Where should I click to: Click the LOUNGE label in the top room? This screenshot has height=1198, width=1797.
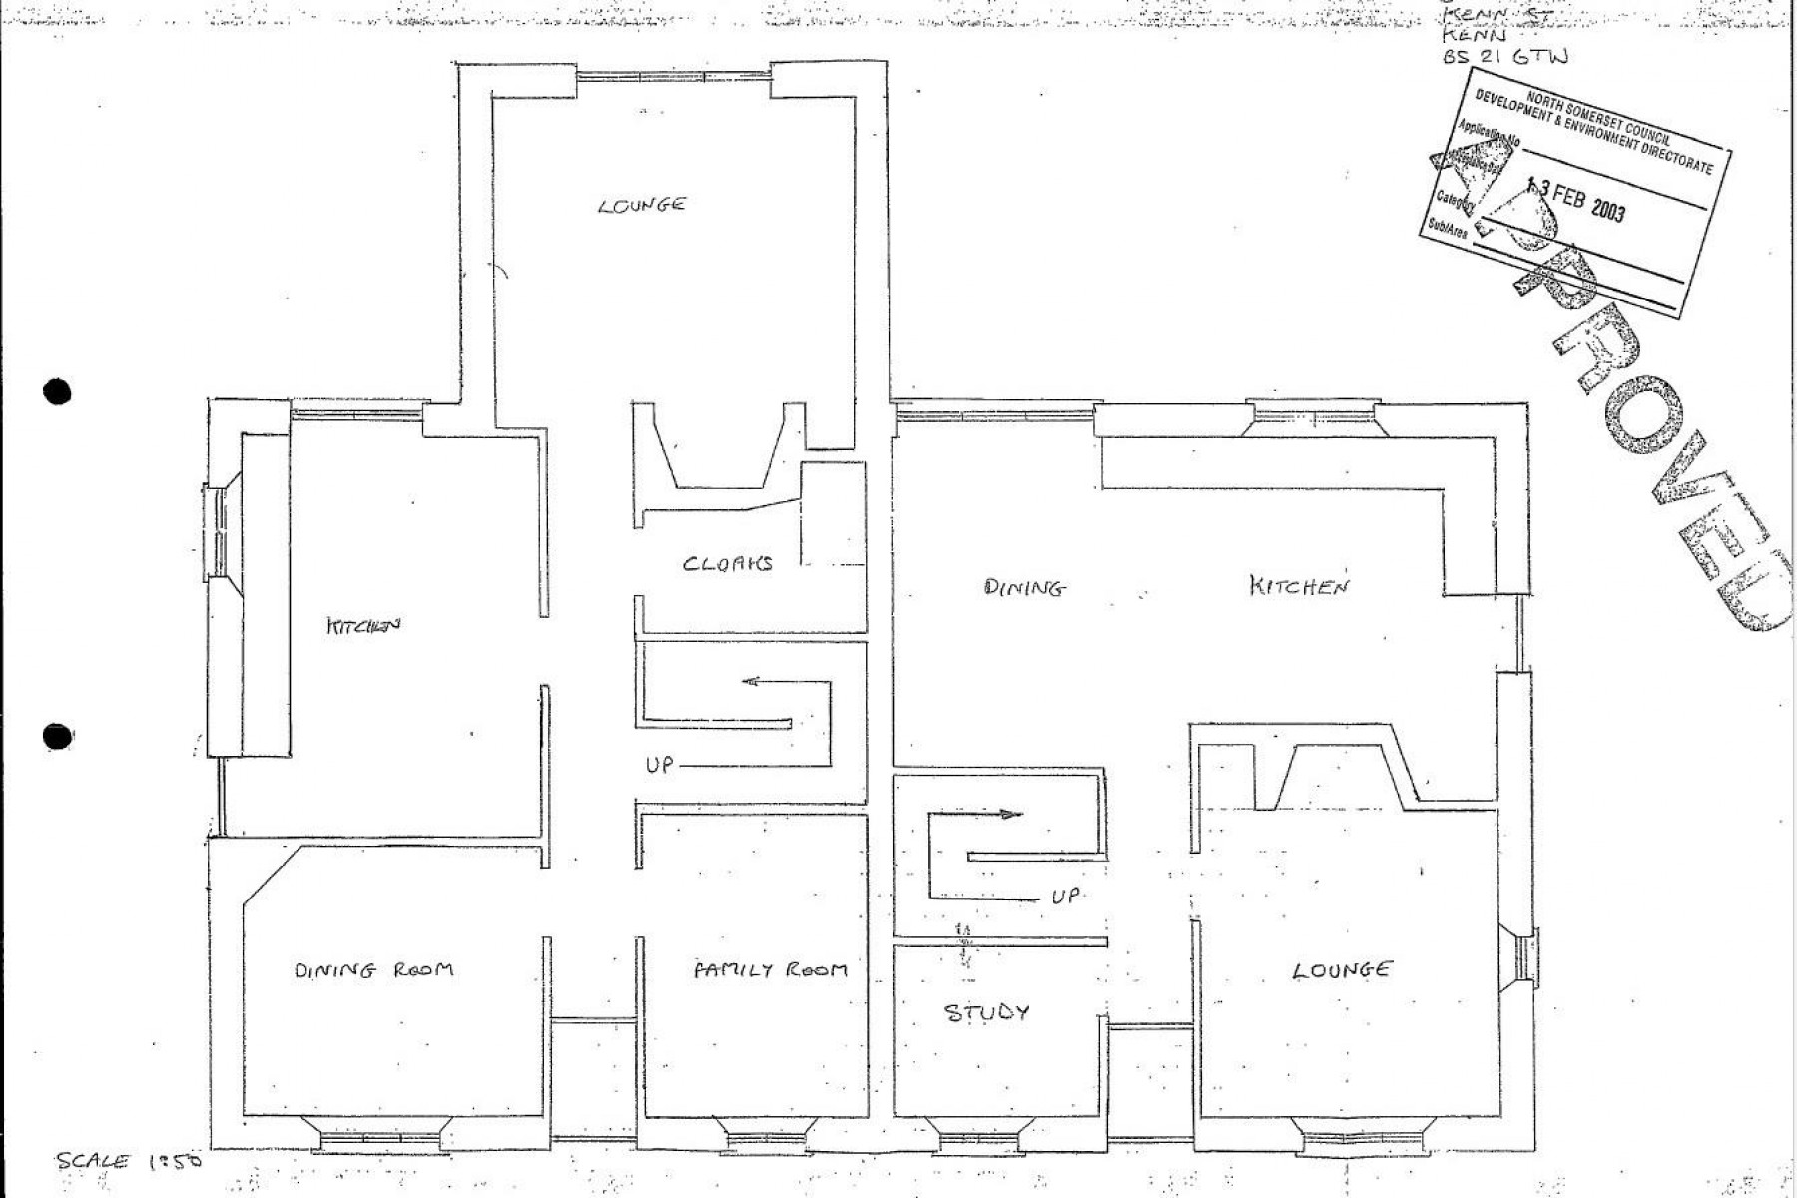643,205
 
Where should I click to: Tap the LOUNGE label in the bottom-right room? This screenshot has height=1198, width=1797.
1341,969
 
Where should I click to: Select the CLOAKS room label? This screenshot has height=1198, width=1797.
728,563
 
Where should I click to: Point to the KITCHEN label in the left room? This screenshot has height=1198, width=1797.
363,626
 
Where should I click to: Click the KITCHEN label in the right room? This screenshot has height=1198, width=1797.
1299,586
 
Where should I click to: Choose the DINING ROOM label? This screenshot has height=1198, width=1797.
373,969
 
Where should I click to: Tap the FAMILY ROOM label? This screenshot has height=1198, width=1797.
770,969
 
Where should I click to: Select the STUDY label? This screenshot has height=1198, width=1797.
986,1013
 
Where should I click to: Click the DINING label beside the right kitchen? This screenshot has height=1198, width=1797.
1025,588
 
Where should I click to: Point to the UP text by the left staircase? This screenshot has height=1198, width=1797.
659,765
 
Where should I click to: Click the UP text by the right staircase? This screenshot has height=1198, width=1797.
1064,896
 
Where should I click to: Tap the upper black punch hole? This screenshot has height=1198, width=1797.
58,392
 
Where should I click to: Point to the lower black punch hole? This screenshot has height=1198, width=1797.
58,737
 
